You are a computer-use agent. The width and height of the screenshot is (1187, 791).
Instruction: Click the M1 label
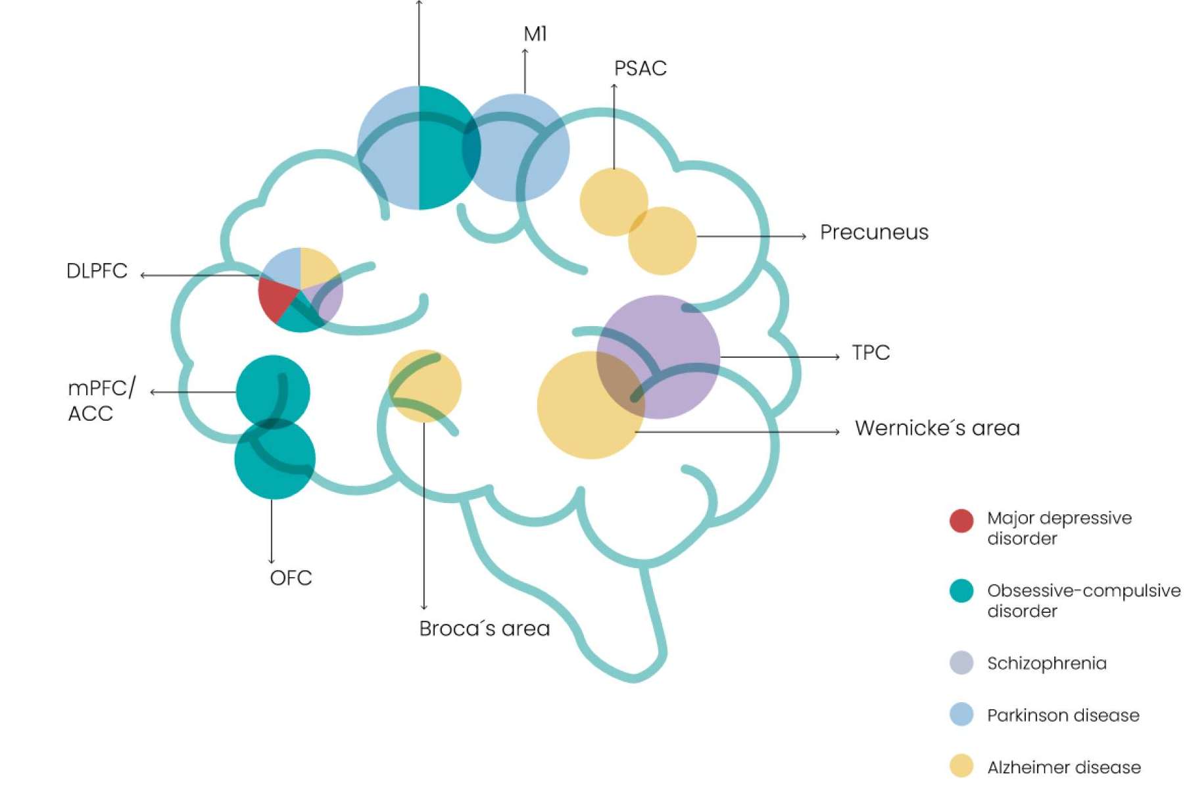(535, 34)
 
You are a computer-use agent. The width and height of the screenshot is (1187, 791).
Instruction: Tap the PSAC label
(641, 68)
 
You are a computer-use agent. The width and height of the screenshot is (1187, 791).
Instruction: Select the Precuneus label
(874, 232)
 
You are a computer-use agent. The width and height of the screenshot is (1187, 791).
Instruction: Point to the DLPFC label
(97, 271)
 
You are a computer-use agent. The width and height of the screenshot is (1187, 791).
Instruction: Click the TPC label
(871, 352)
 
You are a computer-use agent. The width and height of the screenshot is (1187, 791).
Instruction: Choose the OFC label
(291, 578)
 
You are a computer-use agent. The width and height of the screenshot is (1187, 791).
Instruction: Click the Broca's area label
(484, 629)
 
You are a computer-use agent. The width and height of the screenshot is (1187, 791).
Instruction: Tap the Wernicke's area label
(937, 428)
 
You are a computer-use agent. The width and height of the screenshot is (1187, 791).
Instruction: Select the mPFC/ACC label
(101, 400)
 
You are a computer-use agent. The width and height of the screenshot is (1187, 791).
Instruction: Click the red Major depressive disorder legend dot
(961, 521)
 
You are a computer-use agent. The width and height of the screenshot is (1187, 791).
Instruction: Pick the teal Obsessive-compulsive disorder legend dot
(961, 590)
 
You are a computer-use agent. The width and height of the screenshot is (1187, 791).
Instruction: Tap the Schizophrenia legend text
(1047, 663)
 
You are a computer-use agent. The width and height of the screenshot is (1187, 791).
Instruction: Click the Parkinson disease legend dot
(961, 714)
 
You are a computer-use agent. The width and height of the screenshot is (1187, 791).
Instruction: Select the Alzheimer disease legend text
(1064, 767)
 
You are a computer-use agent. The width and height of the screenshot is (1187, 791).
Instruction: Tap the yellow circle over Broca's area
(425, 386)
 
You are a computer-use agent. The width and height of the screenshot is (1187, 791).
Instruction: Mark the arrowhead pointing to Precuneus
(804, 236)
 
